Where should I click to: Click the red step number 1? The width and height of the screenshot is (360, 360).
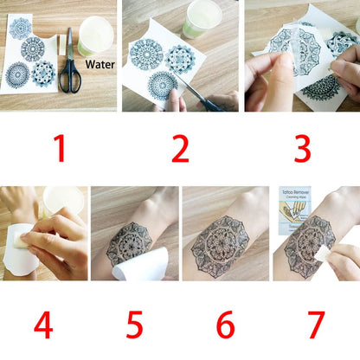[59, 149]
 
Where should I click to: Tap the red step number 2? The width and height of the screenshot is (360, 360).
[179, 149]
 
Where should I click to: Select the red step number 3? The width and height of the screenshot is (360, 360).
[302, 149]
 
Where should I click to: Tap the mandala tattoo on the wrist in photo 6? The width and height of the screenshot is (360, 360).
[223, 242]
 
